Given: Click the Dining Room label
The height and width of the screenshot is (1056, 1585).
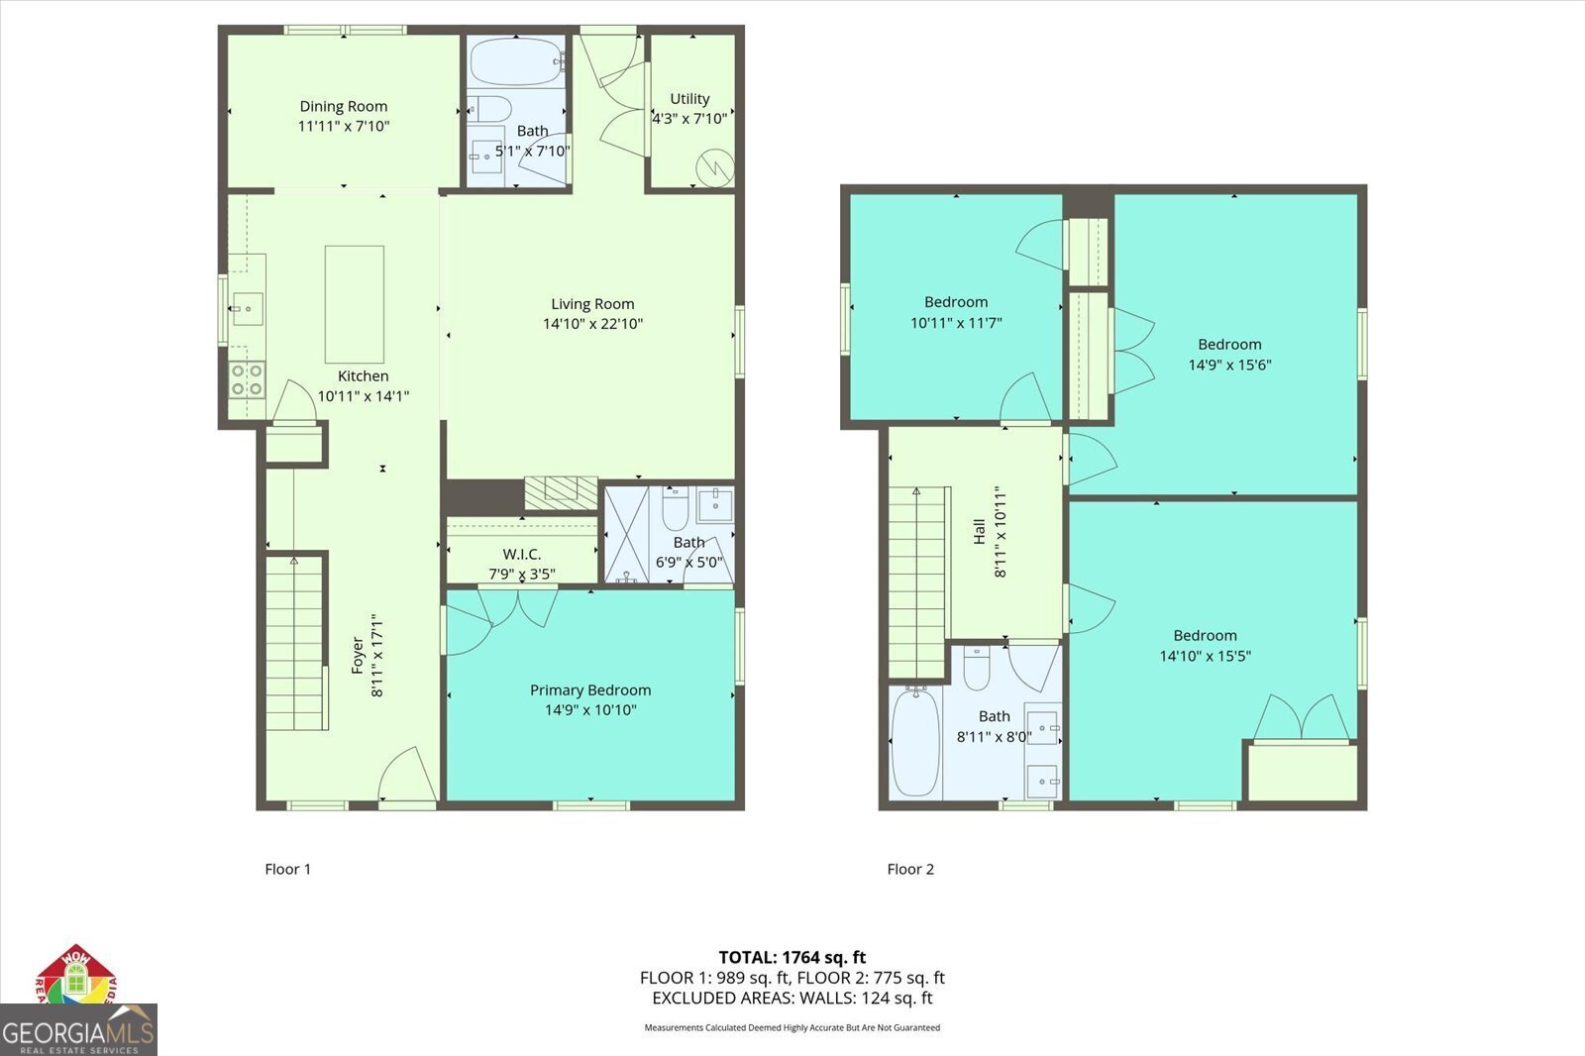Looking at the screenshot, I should [344, 106].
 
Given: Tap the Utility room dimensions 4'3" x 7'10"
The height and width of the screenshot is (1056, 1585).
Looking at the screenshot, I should [689, 119].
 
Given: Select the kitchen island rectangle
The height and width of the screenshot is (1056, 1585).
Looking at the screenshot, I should [355, 304].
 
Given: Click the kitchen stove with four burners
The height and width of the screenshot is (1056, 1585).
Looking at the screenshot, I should [248, 379].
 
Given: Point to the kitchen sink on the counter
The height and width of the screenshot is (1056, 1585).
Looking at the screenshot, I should [247, 309].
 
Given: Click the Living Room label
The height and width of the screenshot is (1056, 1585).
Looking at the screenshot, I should [592, 304].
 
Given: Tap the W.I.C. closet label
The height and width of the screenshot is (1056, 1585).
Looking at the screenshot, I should [521, 555].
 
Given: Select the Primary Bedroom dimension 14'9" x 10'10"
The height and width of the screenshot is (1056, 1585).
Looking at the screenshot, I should [590, 710].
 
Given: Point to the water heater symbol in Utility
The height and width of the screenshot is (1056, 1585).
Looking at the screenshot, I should [713, 167].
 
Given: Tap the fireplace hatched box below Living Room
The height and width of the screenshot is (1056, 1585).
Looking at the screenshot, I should [561, 492].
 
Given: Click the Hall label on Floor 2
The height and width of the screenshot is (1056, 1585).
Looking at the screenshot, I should [980, 532].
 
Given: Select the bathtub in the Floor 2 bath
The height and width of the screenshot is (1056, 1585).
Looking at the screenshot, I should [915, 742].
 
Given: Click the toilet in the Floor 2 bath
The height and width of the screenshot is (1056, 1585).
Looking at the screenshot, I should [977, 669].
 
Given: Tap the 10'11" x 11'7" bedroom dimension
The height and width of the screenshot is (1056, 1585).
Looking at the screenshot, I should [956, 323].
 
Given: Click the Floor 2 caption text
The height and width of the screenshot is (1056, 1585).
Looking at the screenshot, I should [910, 869].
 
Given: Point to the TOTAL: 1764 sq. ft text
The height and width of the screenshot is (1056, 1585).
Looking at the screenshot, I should [792, 957].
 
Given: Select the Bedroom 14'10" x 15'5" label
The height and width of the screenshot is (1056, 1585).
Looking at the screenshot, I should [1205, 636].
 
